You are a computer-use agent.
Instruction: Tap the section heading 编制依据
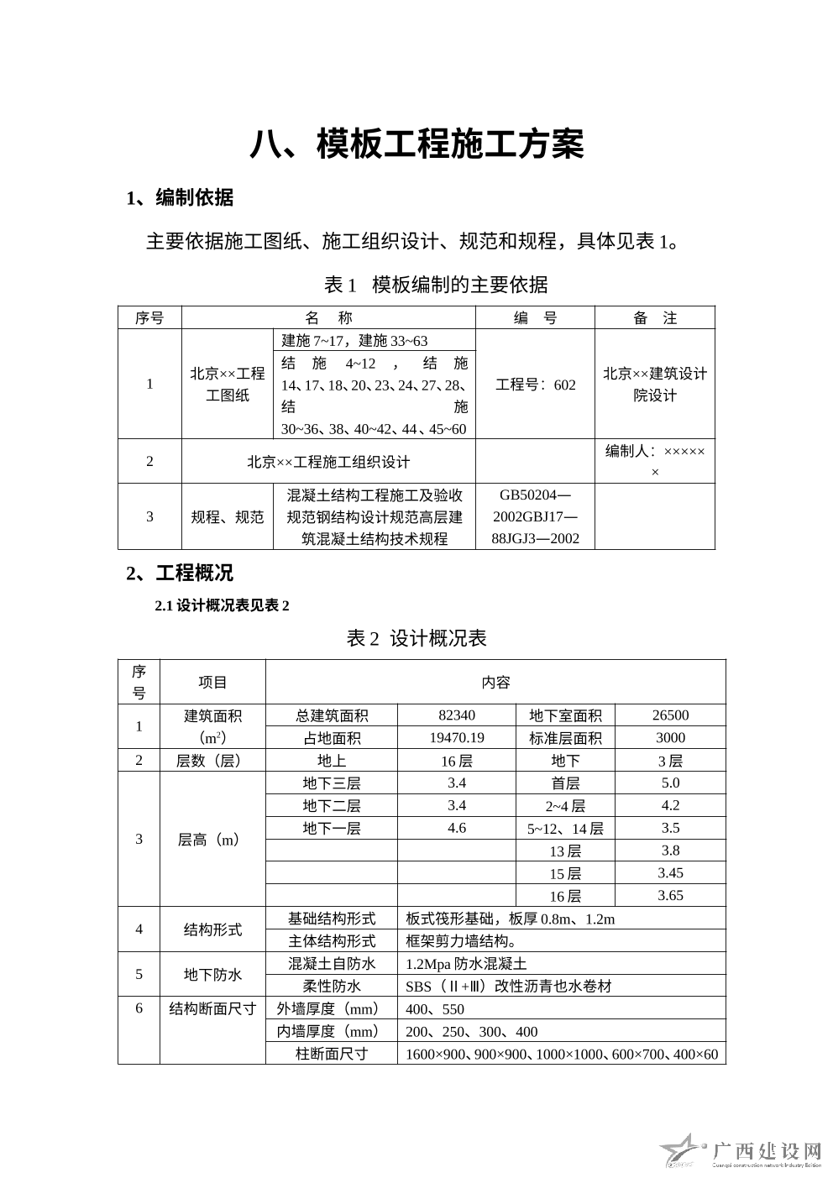pos(180,198)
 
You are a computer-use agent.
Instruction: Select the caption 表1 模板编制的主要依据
pos(436,285)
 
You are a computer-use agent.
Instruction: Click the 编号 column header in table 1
pos(535,318)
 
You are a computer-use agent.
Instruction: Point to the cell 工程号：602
pos(535,385)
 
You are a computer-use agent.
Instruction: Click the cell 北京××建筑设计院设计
pos(655,385)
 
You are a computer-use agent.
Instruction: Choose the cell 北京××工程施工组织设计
pos(328,462)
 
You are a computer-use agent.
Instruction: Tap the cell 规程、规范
pos(227,517)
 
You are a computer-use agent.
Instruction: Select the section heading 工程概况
pos(180,573)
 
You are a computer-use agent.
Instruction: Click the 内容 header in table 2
pos(495,683)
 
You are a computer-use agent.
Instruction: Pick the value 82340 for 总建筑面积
pos(457,715)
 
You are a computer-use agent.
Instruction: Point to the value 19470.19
pos(457,738)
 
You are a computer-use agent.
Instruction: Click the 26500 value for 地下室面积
pos(670,715)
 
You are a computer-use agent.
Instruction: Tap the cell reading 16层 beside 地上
pos(457,761)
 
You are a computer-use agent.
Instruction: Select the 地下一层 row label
pos(332,829)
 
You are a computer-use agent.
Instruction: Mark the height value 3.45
pos(670,873)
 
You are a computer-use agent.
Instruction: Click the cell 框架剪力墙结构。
pos(461,941)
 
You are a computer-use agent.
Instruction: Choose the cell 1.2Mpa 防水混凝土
pos(466,964)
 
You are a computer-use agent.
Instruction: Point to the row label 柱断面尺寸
pos(332,1054)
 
